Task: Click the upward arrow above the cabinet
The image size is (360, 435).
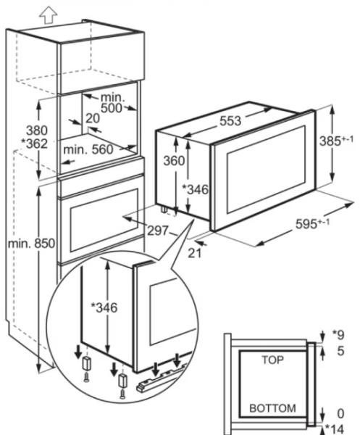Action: click(x=49, y=14)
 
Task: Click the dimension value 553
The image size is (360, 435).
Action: click(x=230, y=121)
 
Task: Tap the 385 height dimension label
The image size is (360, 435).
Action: click(x=336, y=141)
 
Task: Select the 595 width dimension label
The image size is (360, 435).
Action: click(x=312, y=223)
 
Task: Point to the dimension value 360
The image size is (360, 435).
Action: click(x=174, y=161)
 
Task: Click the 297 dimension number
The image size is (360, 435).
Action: click(x=158, y=231)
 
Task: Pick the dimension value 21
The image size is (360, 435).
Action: click(x=195, y=253)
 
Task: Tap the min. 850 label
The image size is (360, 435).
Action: click(x=31, y=244)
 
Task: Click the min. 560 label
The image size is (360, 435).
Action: click(x=88, y=150)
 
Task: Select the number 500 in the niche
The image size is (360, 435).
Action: click(x=111, y=108)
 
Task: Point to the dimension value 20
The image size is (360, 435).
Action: click(x=92, y=118)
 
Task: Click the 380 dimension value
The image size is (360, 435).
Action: click(x=37, y=130)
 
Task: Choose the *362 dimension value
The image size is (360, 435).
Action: click(x=35, y=144)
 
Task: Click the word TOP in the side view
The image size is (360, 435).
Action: click(x=272, y=360)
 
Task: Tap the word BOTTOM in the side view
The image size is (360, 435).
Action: click(x=272, y=408)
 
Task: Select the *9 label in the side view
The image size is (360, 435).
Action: click(x=338, y=335)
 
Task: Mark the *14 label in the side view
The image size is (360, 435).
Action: click(x=334, y=428)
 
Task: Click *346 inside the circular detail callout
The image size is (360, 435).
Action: click(x=104, y=307)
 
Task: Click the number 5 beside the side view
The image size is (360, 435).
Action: click(x=340, y=351)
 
